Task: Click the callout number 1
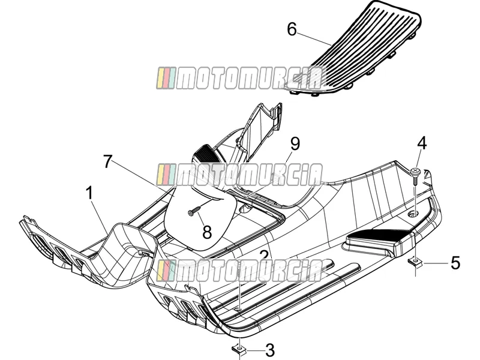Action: tap(89, 193)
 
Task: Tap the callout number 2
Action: tap(264, 257)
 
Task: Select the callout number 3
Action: tap(269, 350)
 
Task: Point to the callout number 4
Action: tap(422, 143)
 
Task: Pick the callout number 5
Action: tap(455, 263)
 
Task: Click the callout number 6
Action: tap(292, 29)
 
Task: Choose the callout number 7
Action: tap(107, 161)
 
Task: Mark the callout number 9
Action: tap(295, 143)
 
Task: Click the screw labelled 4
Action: tap(415, 175)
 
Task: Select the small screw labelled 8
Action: tap(194, 211)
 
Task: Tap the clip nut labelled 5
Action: tap(415, 262)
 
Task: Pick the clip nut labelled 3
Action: tap(239, 349)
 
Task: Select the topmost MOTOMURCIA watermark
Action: tap(239, 78)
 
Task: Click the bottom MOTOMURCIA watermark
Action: tap(239, 271)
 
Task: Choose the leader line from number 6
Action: tap(314, 38)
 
